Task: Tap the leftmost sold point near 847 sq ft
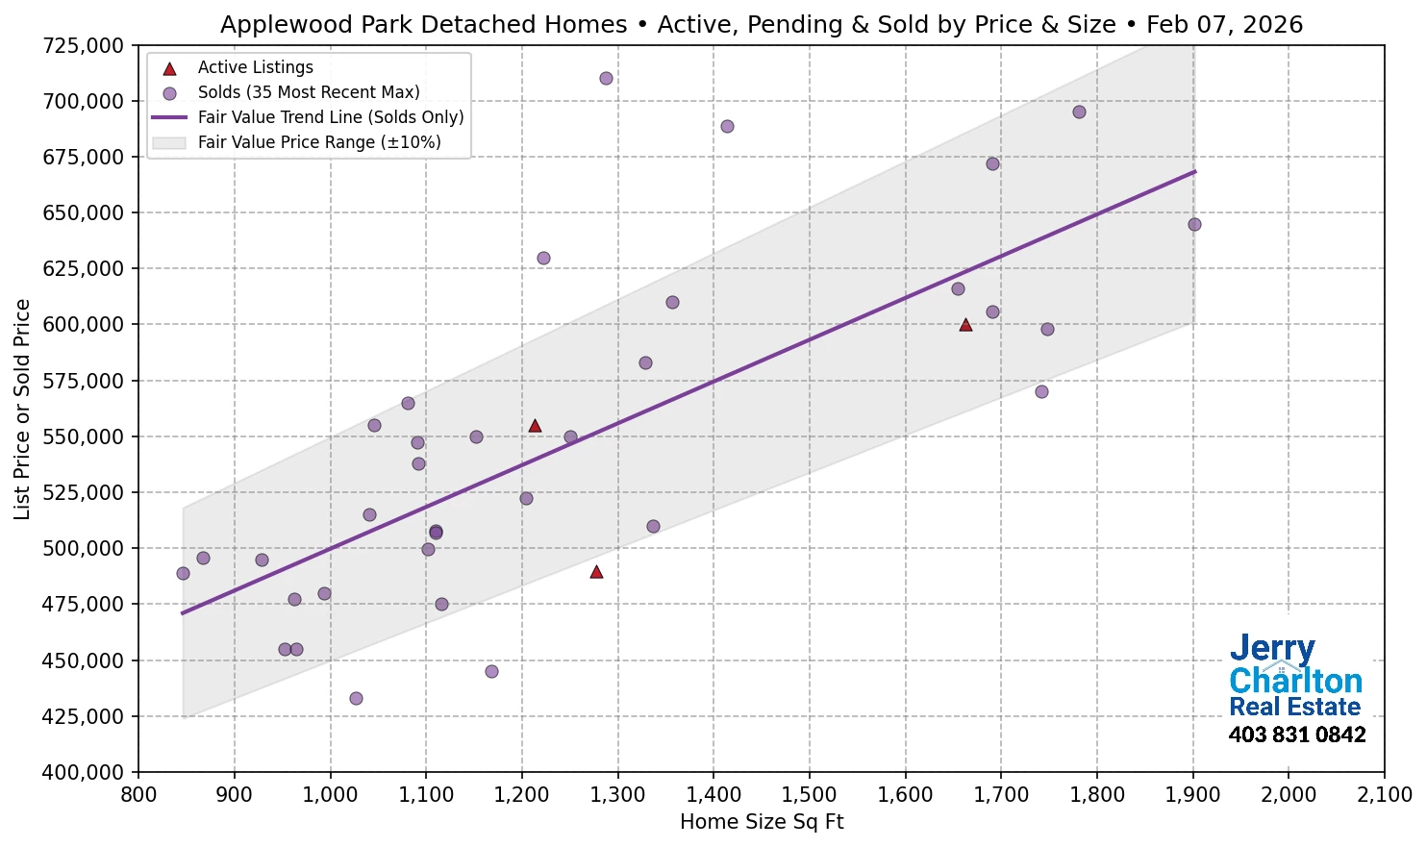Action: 183,573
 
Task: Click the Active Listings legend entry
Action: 255,67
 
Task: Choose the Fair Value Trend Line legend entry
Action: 330,117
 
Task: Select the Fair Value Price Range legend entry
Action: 318,142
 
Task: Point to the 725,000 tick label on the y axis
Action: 84,45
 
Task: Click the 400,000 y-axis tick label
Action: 84,772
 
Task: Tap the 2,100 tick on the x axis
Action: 1384,795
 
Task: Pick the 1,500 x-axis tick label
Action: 809,795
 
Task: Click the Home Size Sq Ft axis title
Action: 761,822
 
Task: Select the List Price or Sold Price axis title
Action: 22,409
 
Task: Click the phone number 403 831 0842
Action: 1296,735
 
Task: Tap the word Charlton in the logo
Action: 1295,681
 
